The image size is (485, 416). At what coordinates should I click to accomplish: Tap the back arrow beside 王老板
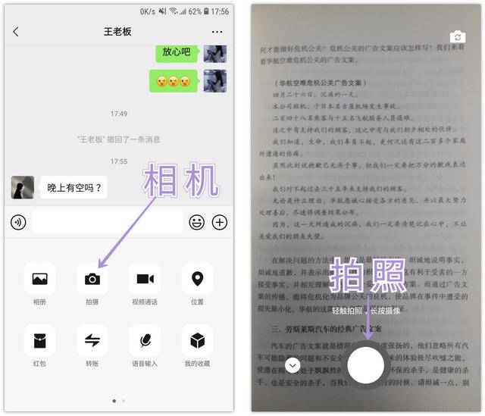(16, 32)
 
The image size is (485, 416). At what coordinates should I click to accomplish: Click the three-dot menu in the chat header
(217, 32)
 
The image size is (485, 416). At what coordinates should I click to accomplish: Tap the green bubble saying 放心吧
(177, 52)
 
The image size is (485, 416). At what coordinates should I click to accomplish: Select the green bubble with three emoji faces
(173, 81)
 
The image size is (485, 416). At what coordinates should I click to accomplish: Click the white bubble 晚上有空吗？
(74, 187)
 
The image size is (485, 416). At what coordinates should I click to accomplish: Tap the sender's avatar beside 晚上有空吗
(23, 187)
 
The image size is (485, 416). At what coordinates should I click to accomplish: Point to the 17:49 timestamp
(119, 114)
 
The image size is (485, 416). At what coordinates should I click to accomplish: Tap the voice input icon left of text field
(19, 222)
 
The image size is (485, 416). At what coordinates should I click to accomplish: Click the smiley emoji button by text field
(196, 222)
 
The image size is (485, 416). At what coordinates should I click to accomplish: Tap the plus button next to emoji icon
(220, 222)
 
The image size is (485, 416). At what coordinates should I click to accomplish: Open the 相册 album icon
(39, 279)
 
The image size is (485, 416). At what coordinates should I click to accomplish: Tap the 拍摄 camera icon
(92, 279)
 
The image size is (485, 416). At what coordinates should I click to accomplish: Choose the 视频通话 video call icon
(145, 279)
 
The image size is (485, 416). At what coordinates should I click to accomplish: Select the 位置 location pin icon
(197, 279)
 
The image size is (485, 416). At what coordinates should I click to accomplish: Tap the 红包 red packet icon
(39, 341)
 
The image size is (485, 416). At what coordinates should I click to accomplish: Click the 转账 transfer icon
(92, 341)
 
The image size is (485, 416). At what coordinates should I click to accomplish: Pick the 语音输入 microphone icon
(145, 341)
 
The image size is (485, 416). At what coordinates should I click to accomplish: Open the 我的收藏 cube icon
(197, 341)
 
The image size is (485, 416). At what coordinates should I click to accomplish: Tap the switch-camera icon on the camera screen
(457, 36)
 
